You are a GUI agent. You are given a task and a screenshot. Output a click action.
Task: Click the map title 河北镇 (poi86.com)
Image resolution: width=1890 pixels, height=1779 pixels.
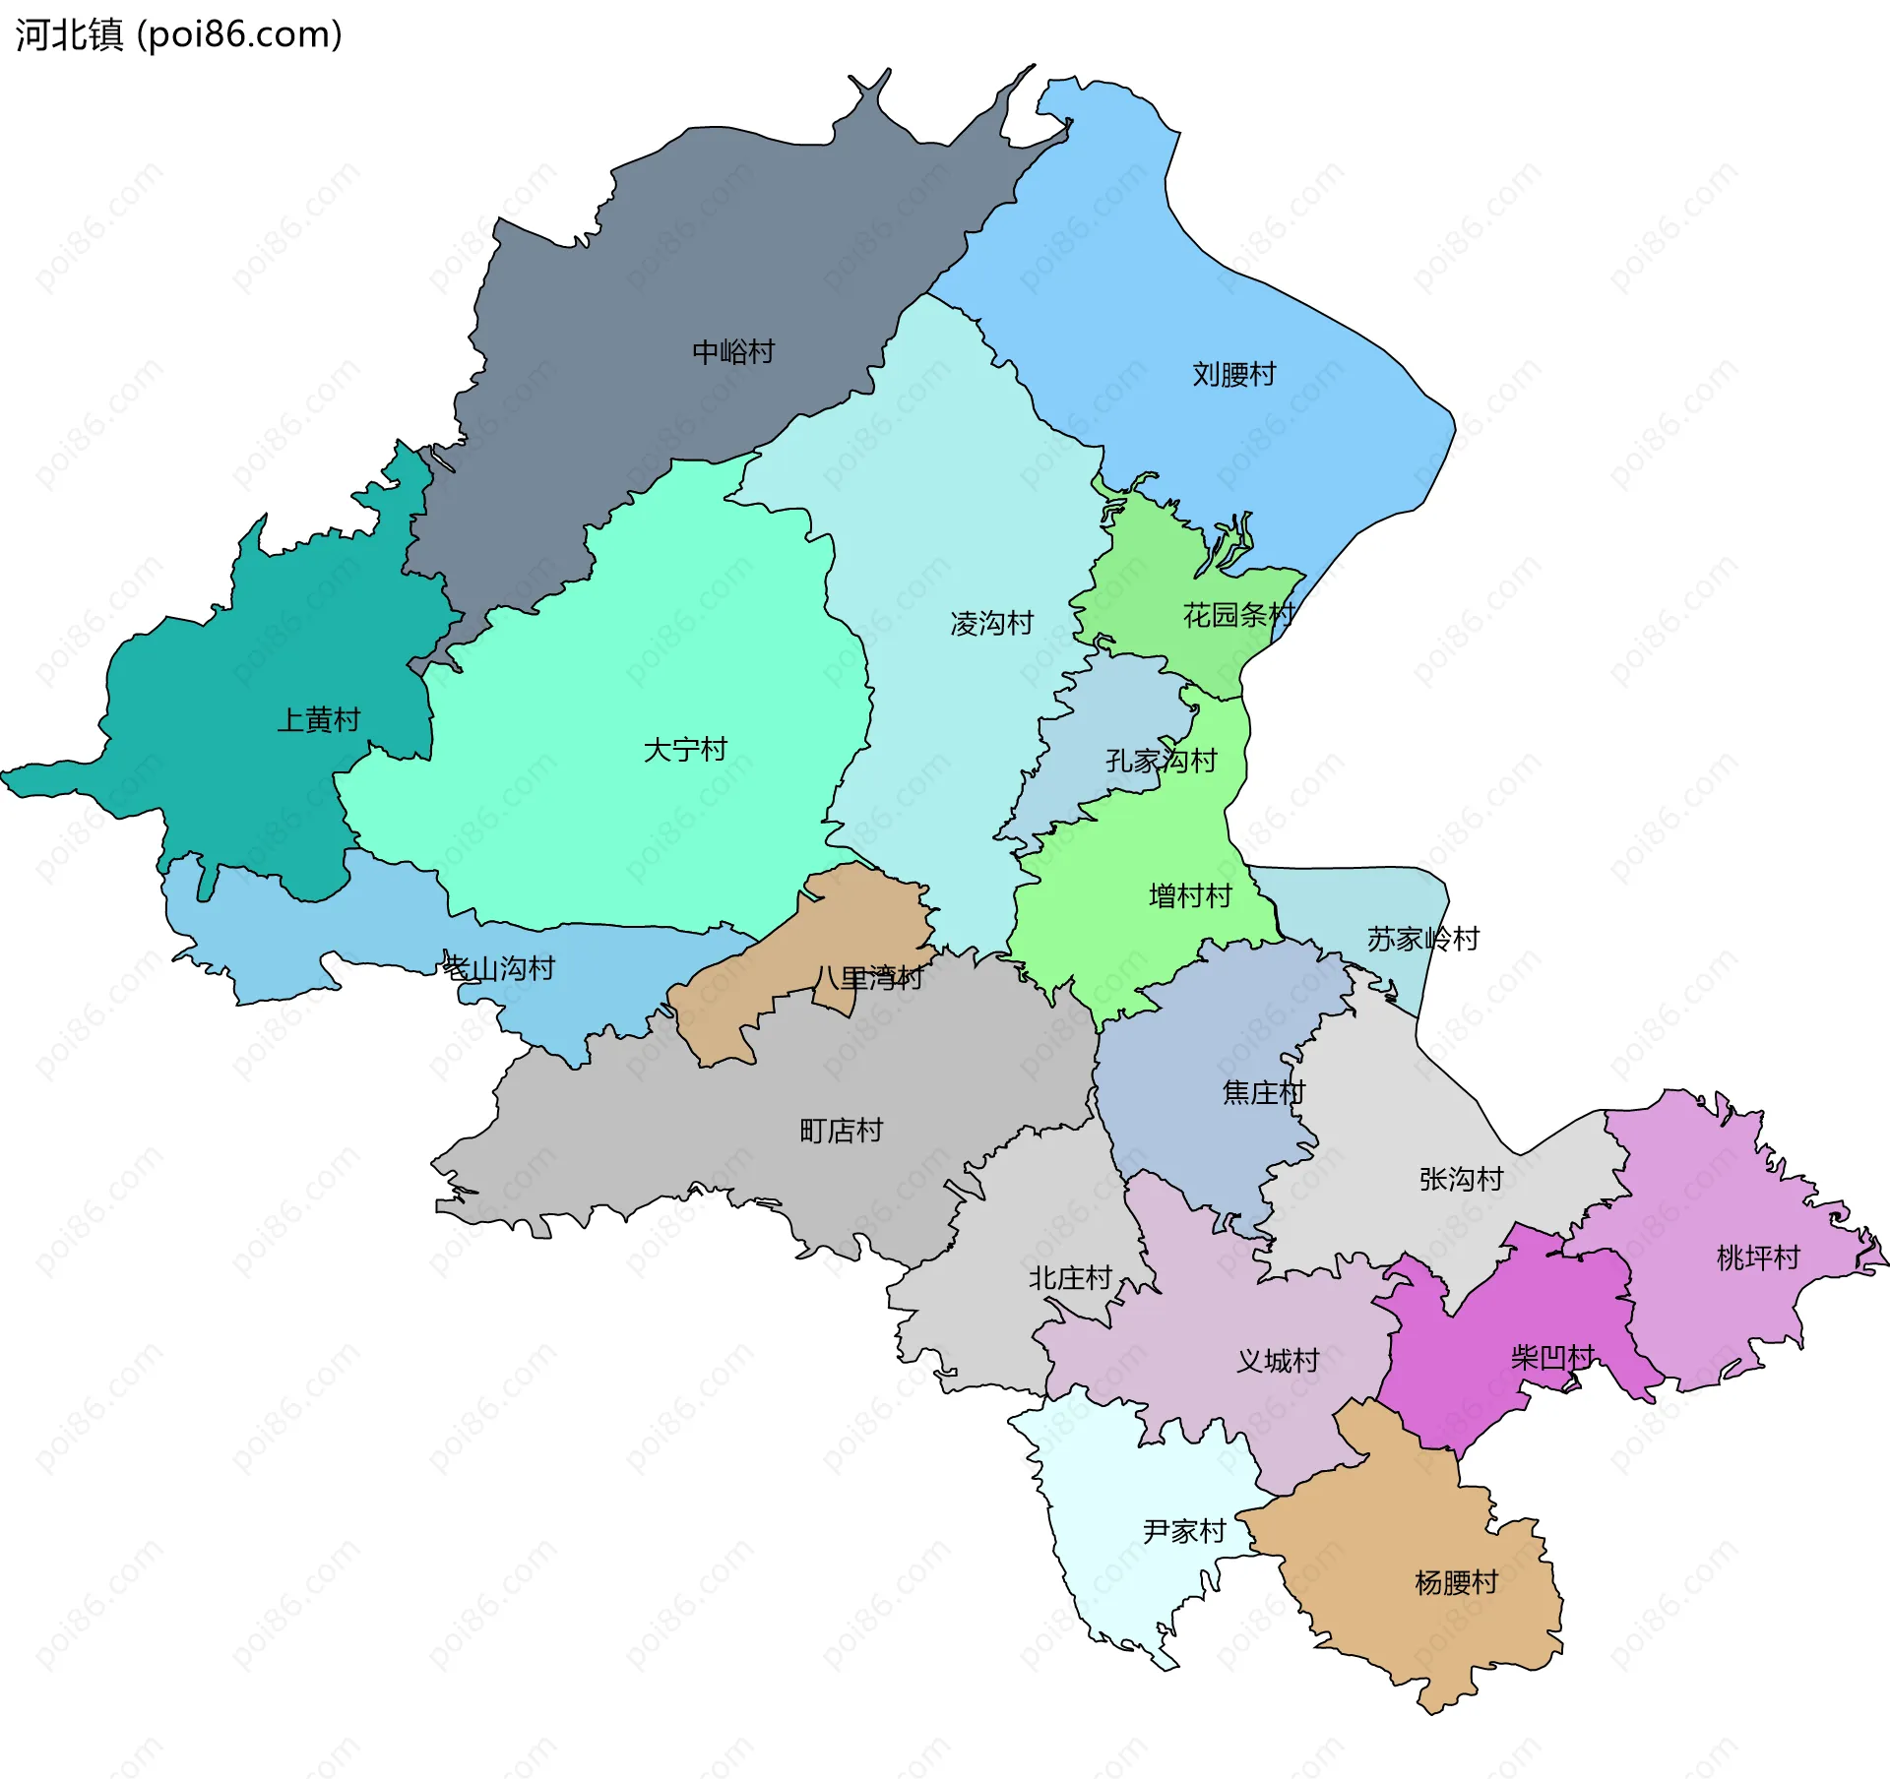178,35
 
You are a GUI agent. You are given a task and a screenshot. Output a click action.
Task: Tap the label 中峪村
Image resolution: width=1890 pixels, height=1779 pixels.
733,352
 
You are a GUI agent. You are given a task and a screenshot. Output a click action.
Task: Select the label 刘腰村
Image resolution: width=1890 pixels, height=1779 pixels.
1233,375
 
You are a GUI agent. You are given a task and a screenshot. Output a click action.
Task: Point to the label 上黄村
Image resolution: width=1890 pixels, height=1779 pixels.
318,720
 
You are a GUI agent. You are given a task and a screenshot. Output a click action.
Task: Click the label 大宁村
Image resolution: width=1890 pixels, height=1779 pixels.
685,750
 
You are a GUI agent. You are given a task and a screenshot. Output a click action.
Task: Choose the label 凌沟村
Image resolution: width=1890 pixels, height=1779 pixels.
991,623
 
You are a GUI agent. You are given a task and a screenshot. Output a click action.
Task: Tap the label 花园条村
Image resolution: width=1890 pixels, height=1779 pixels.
1238,615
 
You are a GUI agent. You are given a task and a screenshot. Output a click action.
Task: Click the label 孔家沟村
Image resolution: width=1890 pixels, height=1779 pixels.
1161,761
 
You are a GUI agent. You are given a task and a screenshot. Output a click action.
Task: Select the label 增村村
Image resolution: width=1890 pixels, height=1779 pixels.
1190,896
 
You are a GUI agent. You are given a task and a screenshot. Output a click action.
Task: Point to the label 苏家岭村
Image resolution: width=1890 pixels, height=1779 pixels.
1422,939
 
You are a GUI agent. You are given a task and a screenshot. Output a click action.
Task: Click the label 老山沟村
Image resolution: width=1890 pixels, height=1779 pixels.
499,968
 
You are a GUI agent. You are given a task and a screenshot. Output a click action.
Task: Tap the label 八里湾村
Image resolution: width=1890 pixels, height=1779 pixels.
867,978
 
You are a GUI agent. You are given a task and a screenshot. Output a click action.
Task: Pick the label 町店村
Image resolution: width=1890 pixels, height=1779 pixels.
841,1131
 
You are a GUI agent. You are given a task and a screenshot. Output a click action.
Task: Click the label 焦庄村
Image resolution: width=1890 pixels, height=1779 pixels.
1263,1092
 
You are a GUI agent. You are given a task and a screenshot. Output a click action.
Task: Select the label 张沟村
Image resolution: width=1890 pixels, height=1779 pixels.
1461,1179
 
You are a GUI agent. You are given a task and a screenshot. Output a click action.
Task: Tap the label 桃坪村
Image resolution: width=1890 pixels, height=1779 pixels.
1758,1258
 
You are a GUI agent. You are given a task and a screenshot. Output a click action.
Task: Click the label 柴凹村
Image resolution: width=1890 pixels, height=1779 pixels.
1551,1358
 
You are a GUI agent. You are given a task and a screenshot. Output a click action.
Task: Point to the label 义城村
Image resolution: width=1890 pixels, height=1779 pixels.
1278,1361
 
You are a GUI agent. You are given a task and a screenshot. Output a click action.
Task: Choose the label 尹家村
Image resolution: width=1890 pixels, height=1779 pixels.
1184,1531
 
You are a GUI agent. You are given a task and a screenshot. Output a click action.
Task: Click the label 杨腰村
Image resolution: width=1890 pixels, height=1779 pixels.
1456,1582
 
